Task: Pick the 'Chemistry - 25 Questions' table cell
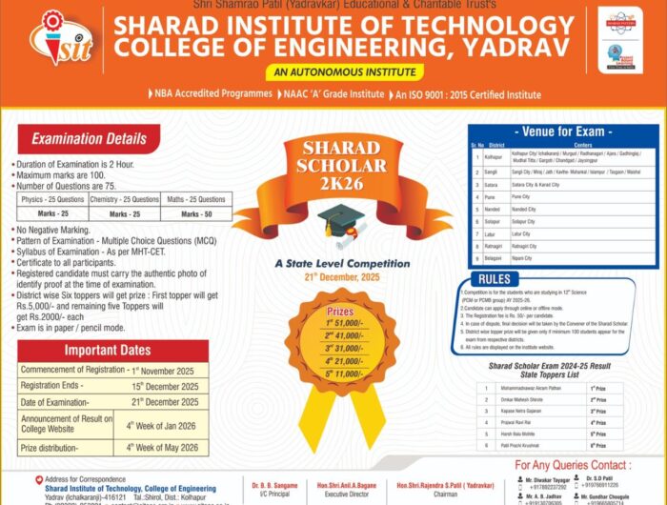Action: point(125,200)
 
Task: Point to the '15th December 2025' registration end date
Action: point(165,386)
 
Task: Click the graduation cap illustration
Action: point(337,221)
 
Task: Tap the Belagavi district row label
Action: point(495,257)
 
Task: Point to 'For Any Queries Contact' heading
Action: point(571,464)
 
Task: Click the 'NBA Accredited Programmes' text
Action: point(210,94)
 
